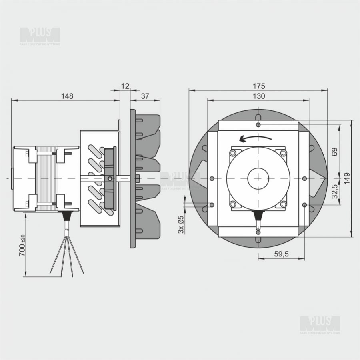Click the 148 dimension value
point(67,96)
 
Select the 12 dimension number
point(125,86)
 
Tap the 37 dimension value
point(145,96)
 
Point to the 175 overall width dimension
point(259,86)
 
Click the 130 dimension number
point(259,96)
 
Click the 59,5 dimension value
point(282,254)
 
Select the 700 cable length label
point(22,245)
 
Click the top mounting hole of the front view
point(258,125)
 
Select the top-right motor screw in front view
point(284,153)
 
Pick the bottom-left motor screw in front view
point(233,204)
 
